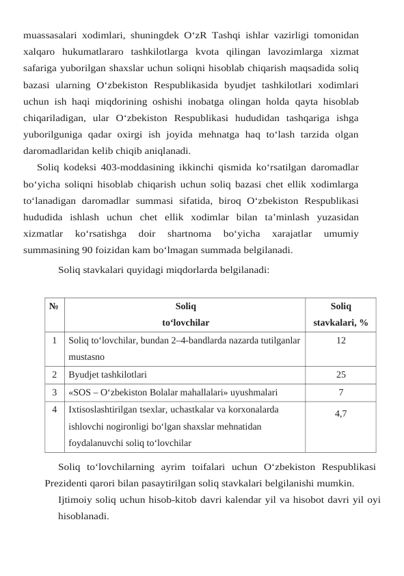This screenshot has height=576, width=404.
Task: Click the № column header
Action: tap(53, 308)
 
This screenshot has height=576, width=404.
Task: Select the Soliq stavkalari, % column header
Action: tap(340, 315)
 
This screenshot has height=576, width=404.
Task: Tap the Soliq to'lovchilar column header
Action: tap(185, 315)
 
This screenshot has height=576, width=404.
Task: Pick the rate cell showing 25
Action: tap(340, 375)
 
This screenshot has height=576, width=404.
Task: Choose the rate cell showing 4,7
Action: tap(340, 414)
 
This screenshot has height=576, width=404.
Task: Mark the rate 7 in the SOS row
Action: tap(340, 392)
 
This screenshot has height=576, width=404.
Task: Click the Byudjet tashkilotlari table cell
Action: tap(106, 375)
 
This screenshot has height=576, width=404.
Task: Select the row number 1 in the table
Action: tap(53, 340)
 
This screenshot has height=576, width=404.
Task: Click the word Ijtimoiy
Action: tap(76, 499)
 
